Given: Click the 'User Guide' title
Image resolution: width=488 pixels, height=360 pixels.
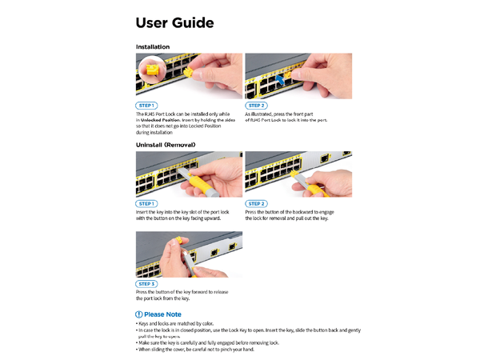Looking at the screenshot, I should [174, 23].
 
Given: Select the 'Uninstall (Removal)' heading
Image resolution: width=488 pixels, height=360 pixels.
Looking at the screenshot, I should [166, 145].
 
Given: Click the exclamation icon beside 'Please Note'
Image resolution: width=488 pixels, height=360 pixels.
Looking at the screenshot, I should [139, 314].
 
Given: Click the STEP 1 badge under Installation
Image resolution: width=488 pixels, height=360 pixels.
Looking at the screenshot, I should [146, 106].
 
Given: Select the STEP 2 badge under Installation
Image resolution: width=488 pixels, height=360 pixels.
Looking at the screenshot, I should [256, 106].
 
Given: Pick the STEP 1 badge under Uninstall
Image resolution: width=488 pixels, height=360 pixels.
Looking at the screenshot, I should [146, 203].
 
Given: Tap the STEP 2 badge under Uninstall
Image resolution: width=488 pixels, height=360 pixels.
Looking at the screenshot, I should [256, 203].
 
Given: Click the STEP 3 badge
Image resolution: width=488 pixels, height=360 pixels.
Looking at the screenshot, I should [146, 284].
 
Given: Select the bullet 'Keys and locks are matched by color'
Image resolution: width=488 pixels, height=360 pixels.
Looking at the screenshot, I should [176, 323].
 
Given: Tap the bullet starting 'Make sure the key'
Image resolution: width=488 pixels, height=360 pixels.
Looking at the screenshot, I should [208, 342].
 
